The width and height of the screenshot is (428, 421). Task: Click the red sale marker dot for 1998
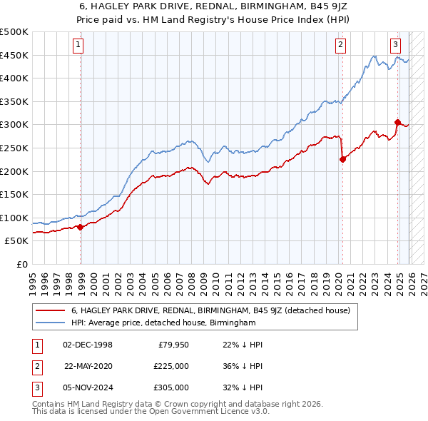pos(81,227)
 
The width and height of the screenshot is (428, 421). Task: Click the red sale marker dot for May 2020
pos(342,159)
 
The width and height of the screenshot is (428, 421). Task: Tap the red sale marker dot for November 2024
pos(397,122)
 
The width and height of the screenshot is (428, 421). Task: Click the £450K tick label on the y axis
pos(14,55)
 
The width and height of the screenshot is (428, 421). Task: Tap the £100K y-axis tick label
pos(14,218)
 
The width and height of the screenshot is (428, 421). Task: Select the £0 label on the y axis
pos(21,264)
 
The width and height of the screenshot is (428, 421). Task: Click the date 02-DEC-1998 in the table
pos(88,345)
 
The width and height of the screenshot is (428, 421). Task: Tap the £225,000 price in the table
pos(171,366)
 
